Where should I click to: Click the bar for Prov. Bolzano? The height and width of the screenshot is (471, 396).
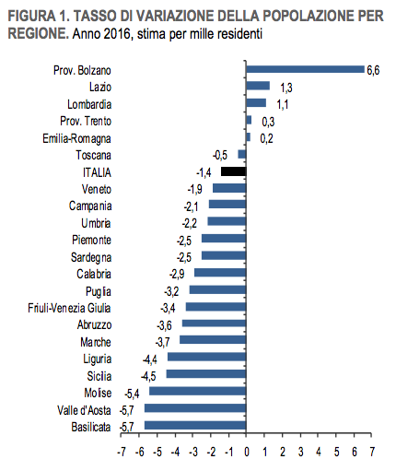pos(306,69)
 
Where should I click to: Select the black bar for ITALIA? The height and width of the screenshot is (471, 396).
pos(234,171)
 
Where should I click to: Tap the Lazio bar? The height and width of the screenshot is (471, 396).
pos(258,86)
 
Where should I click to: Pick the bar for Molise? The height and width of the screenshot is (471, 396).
pos(198,391)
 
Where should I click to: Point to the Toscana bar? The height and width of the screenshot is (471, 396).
pos(242,154)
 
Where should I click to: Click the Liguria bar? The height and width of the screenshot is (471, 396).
pos(207,357)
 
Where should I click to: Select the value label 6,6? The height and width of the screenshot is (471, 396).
pos(373,70)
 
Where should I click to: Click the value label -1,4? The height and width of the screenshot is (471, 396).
pos(204,173)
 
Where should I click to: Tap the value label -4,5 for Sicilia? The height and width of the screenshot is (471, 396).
pos(148,376)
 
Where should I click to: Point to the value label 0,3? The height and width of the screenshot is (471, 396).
pos(268,122)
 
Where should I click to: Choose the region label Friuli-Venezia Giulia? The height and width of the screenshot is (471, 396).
pos(69,308)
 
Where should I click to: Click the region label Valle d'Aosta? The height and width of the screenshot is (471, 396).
pos(84,410)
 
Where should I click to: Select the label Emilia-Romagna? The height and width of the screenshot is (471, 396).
pos(76,138)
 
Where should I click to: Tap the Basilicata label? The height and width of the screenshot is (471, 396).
pos(91,427)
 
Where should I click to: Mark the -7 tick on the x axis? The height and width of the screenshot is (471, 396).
pos(122,452)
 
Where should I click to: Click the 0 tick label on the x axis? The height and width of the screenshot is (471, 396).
pos(247,452)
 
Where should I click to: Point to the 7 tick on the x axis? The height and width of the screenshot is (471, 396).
pos(372,452)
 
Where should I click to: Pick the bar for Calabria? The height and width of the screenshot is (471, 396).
pos(220,273)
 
